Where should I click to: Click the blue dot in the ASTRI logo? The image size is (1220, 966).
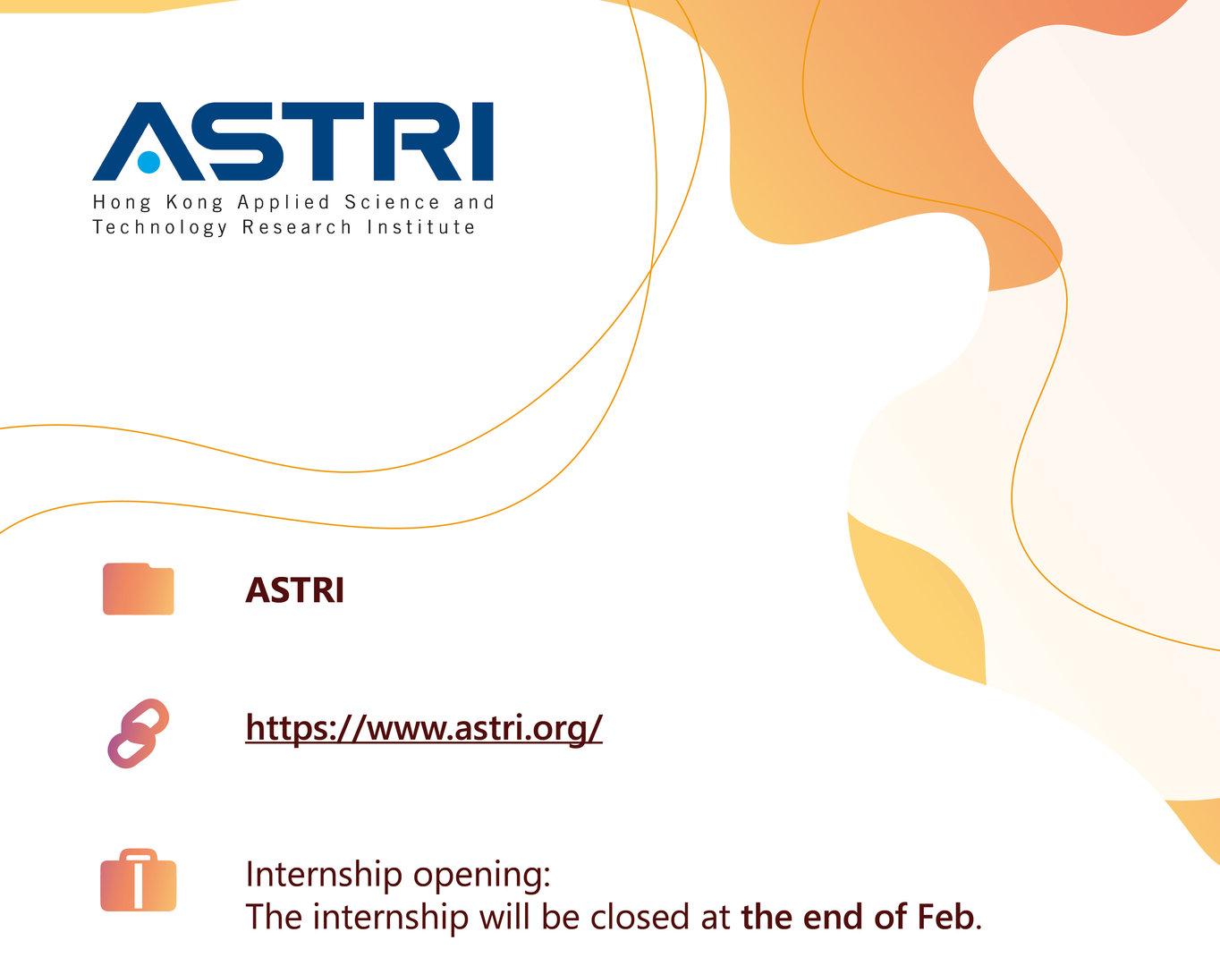(148, 162)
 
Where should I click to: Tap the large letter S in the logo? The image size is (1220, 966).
(245, 141)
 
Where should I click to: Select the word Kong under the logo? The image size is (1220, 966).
(194, 203)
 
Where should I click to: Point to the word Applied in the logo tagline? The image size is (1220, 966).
(284, 203)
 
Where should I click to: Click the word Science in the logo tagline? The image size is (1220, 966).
(392, 202)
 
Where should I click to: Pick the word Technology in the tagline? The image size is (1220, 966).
(159, 228)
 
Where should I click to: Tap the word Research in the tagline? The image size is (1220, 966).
(296, 227)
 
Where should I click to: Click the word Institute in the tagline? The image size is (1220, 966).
(420, 227)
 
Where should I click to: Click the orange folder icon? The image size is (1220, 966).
(139, 589)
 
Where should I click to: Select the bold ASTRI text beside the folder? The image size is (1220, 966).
(294, 590)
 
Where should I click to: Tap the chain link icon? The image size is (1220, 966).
(139, 733)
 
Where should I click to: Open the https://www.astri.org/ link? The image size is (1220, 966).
(423, 728)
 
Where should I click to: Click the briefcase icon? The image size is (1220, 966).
(139, 880)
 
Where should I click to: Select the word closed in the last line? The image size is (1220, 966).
(640, 917)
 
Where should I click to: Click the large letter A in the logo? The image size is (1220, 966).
(148, 141)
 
